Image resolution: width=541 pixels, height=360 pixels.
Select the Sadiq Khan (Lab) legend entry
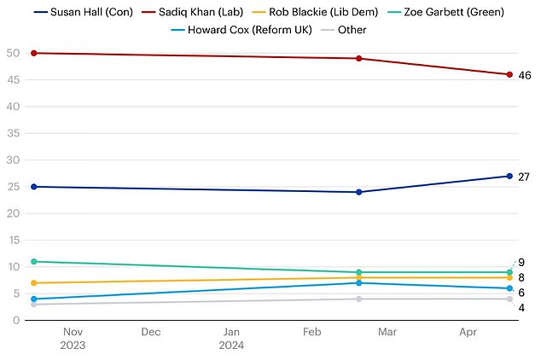(194, 11)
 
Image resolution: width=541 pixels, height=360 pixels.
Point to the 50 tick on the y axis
(13, 53)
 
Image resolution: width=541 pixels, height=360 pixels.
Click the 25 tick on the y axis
(13, 187)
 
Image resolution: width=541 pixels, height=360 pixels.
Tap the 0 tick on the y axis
(16, 320)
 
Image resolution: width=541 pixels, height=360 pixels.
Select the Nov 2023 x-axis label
(73, 339)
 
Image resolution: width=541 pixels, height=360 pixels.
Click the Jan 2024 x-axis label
(231, 339)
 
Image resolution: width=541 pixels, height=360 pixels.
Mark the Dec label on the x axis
(151, 333)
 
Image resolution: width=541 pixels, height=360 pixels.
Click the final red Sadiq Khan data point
(509, 74)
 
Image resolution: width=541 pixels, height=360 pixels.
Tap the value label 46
(524, 75)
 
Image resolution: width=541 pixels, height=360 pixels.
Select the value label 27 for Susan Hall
(524, 177)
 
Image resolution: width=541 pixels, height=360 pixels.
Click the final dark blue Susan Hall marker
(509, 177)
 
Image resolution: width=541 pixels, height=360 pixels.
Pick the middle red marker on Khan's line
(358, 58)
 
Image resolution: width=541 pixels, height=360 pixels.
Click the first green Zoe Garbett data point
(33, 261)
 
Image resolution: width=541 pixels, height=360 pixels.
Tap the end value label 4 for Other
(521, 307)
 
